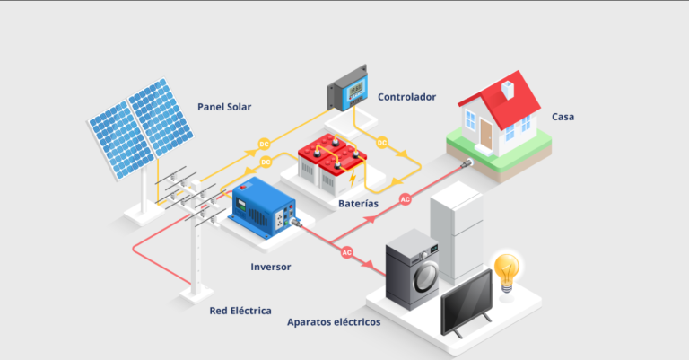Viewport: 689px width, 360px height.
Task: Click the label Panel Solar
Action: point(224,107)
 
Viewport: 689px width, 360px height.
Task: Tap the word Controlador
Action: point(407,97)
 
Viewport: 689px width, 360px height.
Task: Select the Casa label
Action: point(563,117)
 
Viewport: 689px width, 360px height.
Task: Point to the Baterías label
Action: point(358,204)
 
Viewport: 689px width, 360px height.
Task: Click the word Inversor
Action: point(271,267)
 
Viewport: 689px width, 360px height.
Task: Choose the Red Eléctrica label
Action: point(240,311)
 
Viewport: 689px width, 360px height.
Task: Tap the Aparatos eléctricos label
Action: point(334,322)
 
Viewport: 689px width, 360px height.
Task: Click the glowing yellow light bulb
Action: point(507,273)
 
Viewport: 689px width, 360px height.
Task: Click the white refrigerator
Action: point(458,233)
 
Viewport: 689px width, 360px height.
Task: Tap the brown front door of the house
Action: point(486,134)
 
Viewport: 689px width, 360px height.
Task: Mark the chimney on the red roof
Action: point(508,90)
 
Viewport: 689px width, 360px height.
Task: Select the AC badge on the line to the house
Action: point(406,199)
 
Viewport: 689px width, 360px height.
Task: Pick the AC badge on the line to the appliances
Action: point(347,252)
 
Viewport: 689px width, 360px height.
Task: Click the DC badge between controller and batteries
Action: point(382,143)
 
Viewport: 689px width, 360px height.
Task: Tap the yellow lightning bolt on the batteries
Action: point(353,179)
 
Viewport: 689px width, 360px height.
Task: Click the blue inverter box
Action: point(264,207)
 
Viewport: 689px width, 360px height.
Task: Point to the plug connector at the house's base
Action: point(466,164)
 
